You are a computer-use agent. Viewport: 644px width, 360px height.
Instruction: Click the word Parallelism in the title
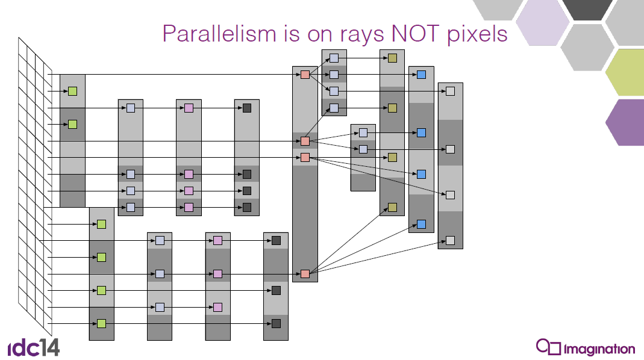[x=219, y=34]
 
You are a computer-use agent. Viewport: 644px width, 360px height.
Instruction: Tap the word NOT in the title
[x=415, y=33]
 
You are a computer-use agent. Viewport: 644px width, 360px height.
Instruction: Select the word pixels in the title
[x=477, y=34]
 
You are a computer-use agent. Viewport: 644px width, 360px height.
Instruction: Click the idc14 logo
[x=34, y=347]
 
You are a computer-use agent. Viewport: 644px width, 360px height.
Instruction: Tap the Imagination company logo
[x=586, y=348]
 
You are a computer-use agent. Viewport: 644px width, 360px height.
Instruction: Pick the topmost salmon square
[x=305, y=75]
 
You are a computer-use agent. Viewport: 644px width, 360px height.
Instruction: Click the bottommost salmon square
[x=305, y=274]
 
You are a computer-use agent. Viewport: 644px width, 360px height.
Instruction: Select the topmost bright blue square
[x=421, y=75]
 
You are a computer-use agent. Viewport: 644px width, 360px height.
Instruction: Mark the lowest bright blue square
[x=421, y=224]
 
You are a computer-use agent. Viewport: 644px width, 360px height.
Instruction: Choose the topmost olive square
[x=392, y=58]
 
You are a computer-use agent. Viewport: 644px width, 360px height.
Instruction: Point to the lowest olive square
[x=392, y=207]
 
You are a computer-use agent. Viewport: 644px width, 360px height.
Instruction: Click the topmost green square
[x=73, y=91]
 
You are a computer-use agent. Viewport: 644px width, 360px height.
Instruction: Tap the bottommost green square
[x=101, y=323]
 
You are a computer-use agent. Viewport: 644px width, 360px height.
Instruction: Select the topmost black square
[x=247, y=108]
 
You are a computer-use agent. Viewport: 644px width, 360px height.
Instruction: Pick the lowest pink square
[x=217, y=307]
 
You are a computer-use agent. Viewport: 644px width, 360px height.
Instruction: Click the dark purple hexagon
[x=625, y=122]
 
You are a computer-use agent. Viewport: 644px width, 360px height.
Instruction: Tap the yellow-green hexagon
[x=625, y=72]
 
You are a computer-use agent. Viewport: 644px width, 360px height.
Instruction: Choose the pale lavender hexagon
[x=542, y=23]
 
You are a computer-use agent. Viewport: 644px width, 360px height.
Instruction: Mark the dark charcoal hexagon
[x=587, y=9]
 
